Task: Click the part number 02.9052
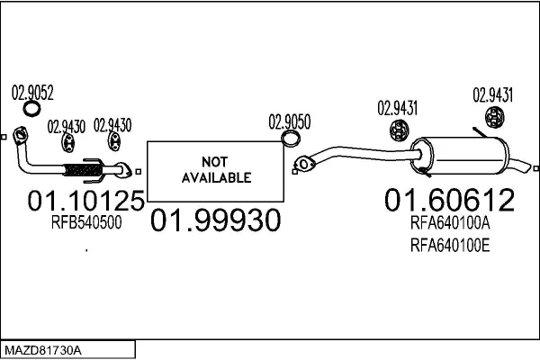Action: [x=32, y=91]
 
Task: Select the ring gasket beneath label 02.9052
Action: [x=31, y=110]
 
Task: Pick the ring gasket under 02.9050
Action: [x=291, y=139]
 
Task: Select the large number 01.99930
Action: [x=214, y=220]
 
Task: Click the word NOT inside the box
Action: [x=216, y=162]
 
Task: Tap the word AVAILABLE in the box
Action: [x=216, y=177]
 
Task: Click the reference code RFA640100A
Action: [x=450, y=223]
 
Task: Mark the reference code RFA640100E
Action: [x=450, y=243]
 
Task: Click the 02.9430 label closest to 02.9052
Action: [x=66, y=126]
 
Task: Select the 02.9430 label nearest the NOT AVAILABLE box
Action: [x=113, y=126]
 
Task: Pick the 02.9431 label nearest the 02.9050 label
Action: [x=396, y=110]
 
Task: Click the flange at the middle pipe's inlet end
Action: [x=303, y=164]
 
